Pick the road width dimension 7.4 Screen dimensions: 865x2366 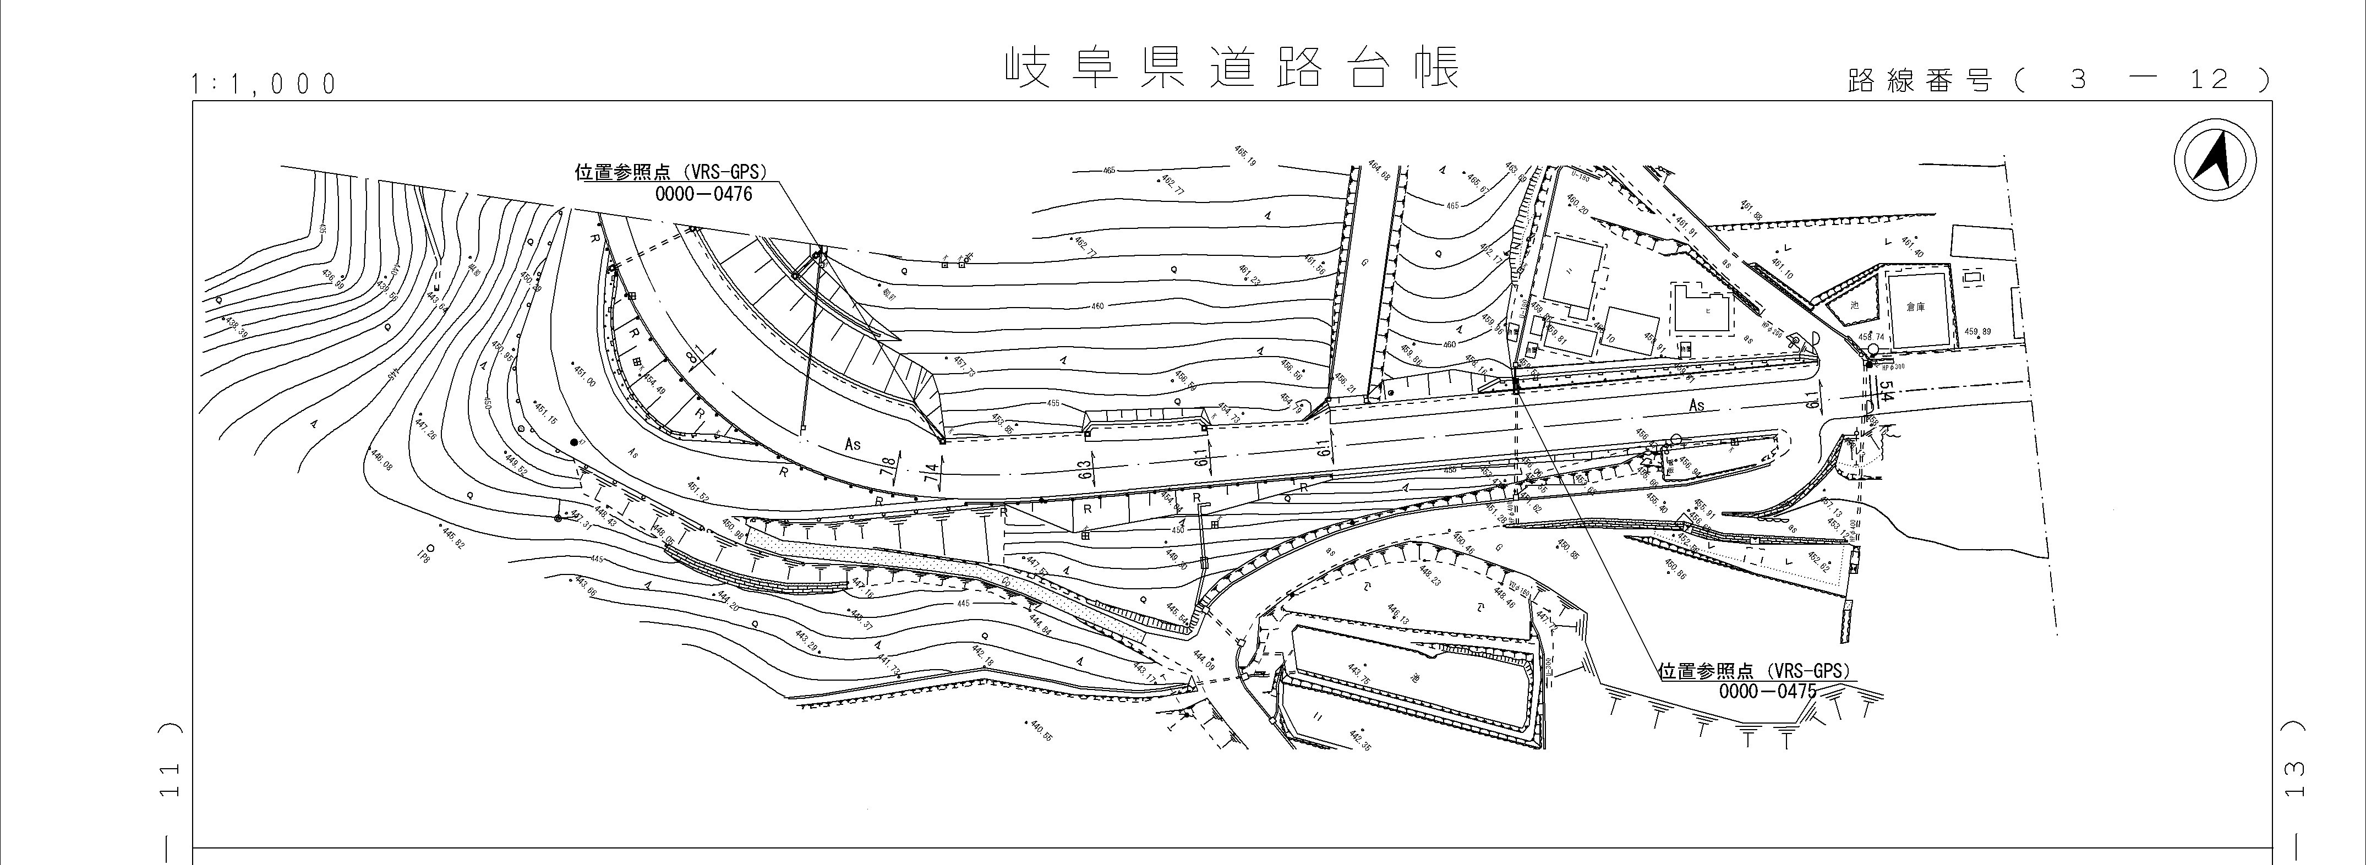pyautogui.click(x=931, y=475)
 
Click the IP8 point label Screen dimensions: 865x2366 pyautogui.click(x=423, y=556)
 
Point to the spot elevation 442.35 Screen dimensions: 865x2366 pyautogui.click(x=1359, y=739)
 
